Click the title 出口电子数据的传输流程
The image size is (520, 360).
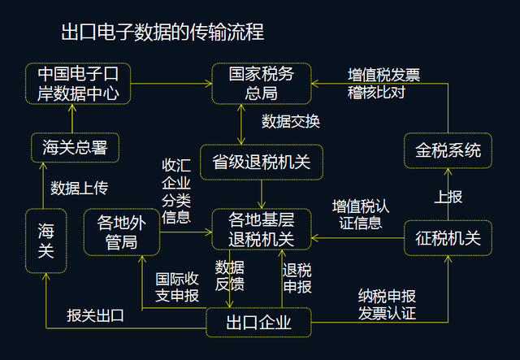pos(162,33)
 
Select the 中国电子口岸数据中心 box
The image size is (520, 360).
pos(78,84)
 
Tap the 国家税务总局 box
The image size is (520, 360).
pos(262,84)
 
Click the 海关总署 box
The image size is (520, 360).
pos(75,148)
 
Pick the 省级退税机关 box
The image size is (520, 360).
pos(262,163)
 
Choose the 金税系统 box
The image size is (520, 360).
pos(448,150)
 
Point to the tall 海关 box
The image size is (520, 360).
pos(45,241)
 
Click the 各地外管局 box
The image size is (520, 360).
pos(122,232)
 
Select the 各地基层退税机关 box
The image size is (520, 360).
pos(262,229)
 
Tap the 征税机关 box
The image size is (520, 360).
pos(448,238)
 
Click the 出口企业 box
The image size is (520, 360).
pos(258,323)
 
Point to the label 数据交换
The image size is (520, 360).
pos(291,121)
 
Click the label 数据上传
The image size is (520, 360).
pos(80,189)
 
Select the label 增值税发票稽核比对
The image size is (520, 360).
pos(383,84)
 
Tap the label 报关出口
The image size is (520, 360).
pos(96,315)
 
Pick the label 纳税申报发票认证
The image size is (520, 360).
pos(387,305)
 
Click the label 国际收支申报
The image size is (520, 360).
pos(177,288)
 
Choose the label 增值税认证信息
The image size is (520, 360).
pos(361,215)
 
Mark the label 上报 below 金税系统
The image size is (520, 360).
pos(448,197)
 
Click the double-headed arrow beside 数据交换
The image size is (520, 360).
pos(241,124)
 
